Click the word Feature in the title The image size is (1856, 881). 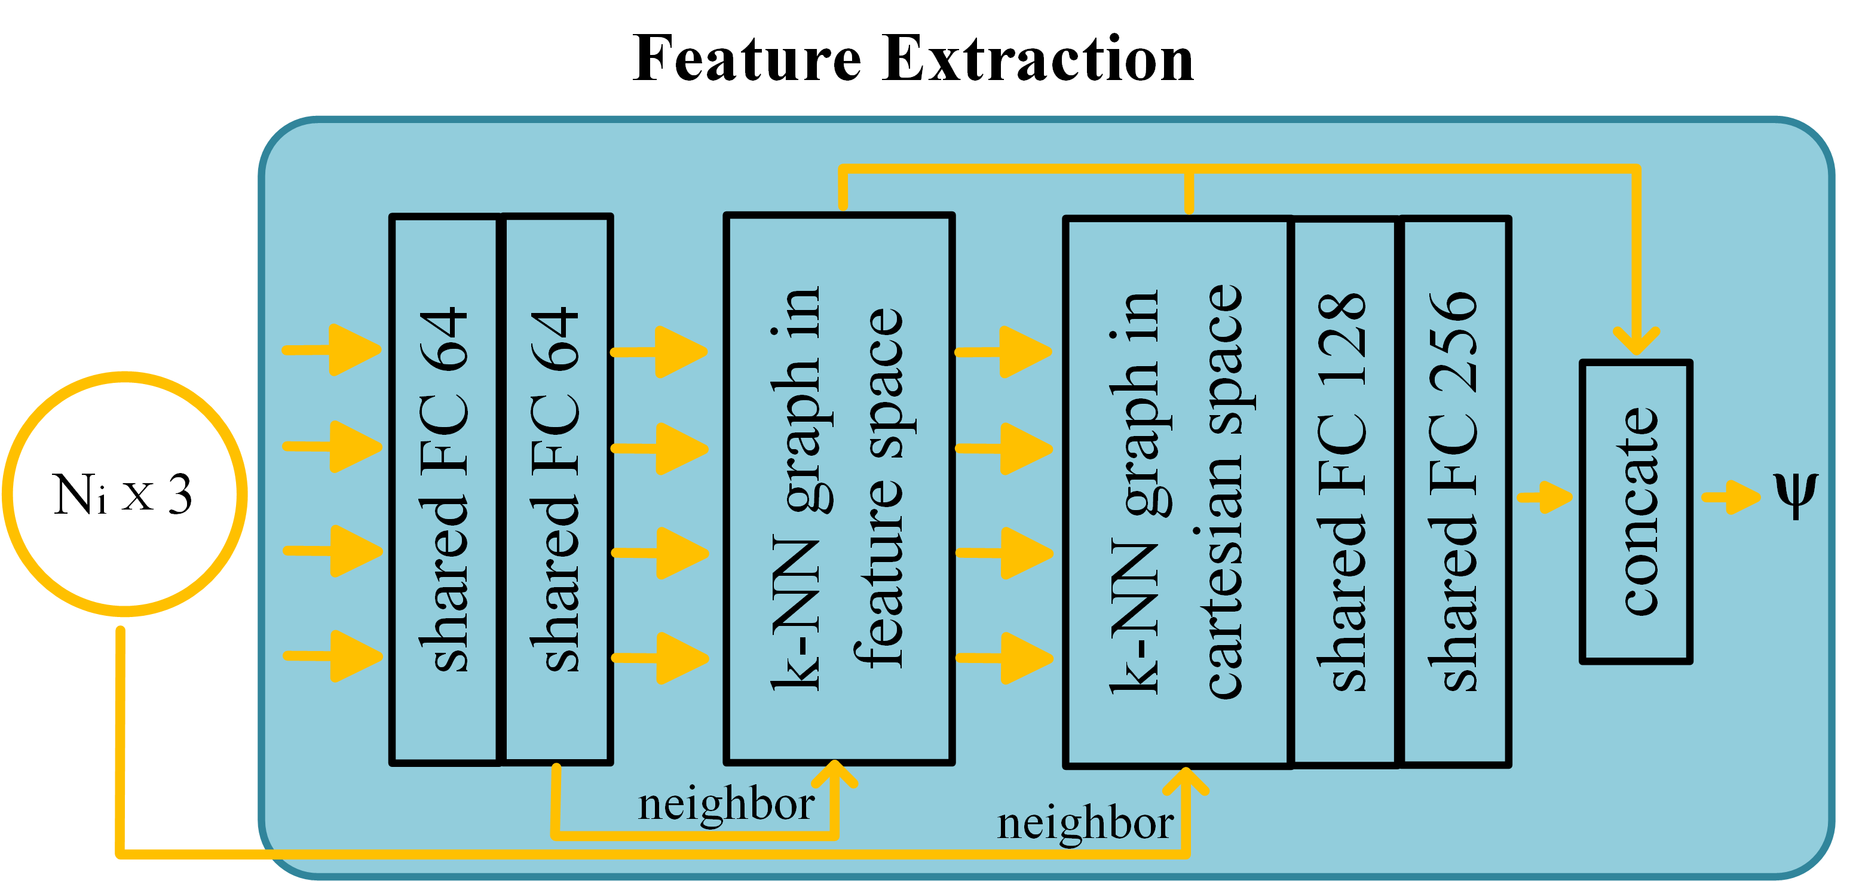click(746, 59)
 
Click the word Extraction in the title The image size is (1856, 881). click(1037, 59)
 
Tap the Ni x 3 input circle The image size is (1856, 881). click(124, 494)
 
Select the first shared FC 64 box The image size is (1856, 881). click(445, 490)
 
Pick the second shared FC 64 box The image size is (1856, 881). click(556, 490)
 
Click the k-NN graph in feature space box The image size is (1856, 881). click(838, 490)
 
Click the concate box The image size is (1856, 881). click(1636, 511)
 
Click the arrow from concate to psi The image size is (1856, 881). click(1731, 497)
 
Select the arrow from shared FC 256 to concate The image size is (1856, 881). click(1545, 497)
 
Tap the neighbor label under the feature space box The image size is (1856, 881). click(725, 804)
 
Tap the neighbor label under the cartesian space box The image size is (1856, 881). click(1085, 824)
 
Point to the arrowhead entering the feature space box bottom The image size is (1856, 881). click(834, 775)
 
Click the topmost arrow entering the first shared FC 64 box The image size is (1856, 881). click(333, 350)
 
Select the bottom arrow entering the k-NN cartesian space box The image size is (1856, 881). click(1004, 658)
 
